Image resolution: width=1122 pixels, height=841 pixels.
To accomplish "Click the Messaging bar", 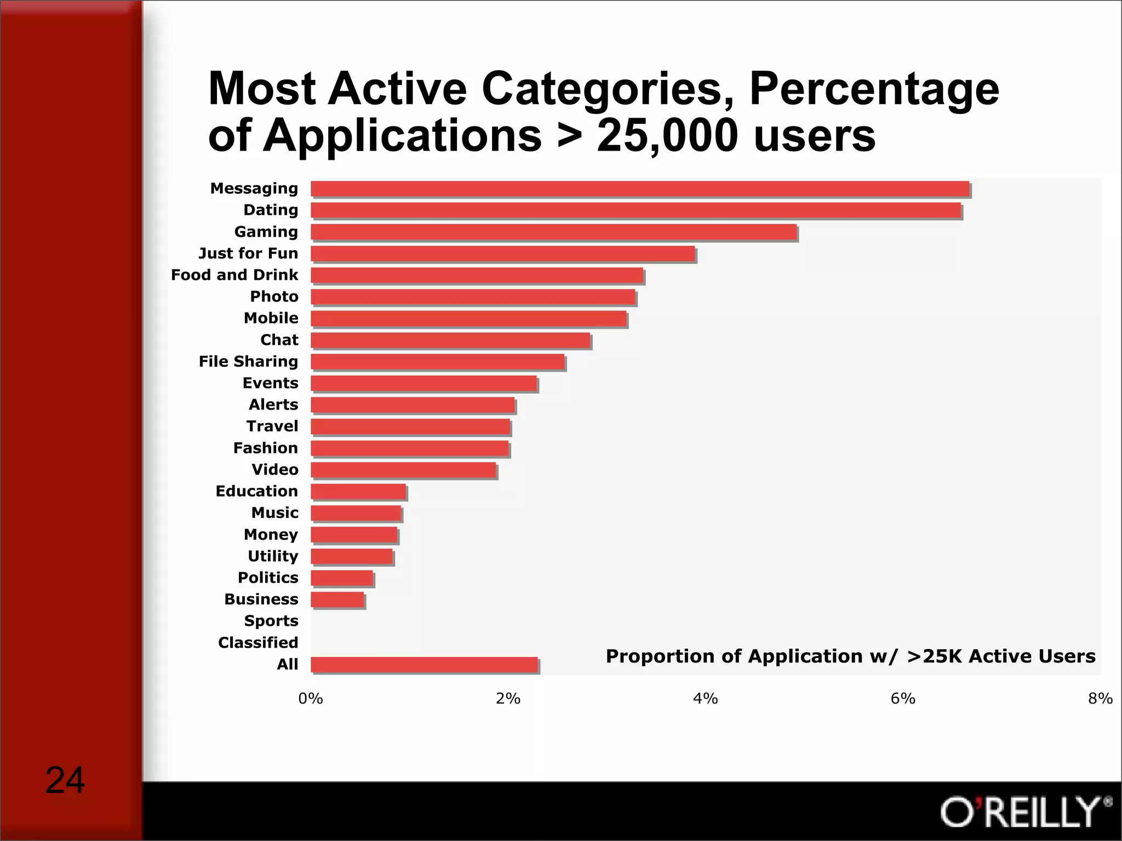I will click(640, 189).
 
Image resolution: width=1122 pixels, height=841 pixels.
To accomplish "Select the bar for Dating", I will click(636, 210).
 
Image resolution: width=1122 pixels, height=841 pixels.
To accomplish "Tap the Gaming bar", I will click(553, 232).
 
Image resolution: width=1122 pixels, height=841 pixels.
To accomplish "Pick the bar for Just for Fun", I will click(503, 254).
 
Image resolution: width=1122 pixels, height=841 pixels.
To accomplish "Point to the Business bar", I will click(337, 600).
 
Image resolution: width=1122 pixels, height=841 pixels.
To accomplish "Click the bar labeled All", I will click(425, 665).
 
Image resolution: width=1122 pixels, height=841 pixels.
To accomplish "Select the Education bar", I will click(359, 492).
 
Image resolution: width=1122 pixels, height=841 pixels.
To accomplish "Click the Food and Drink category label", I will click(234, 275).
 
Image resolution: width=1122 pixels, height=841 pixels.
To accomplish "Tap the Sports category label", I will click(271, 621).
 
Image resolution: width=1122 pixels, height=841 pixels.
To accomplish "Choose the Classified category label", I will click(258, 642).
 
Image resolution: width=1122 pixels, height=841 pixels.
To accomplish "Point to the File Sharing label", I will click(248, 361).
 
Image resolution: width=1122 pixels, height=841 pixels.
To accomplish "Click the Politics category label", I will click(268, 578).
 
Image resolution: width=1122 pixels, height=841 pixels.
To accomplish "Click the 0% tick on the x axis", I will click(311, 699).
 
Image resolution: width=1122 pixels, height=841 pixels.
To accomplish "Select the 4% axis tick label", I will click(706, 699).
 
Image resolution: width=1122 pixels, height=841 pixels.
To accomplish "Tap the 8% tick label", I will click(1100, 699).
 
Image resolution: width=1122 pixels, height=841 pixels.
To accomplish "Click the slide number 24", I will click(65, 780).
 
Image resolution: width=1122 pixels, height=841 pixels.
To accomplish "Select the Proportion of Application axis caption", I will click(850, 656).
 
